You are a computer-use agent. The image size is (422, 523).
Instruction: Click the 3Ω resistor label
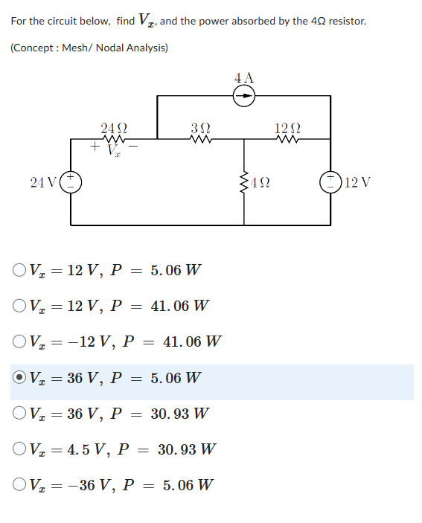(x=201, y=127)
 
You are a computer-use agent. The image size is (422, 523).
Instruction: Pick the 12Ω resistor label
(x=287, y=127)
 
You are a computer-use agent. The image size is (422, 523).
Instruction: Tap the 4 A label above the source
(x=243, y=77)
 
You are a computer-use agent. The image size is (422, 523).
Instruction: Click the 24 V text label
(x=45, y=182)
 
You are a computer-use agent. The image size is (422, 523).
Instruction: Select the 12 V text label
(x=357, y=182)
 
